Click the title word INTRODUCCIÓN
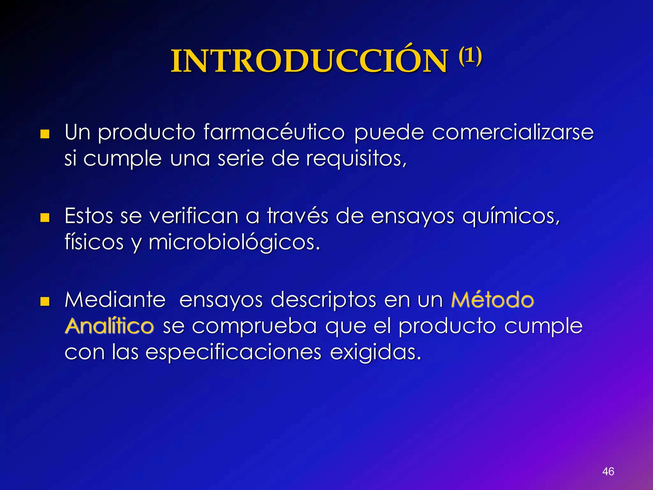click(309, 61)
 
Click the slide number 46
click(608, 471)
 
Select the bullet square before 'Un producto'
click(45, 134)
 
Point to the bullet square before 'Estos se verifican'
click(45, 218)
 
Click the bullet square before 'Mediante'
click(45, 301)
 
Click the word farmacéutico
click(274, 132)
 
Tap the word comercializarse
click(512, 132)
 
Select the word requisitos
click(356, 159)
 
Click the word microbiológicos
click(234, 243)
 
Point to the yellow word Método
click(493, 300)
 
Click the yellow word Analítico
click(109, 326)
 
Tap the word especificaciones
click(233, 353)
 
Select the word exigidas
click(375, 353)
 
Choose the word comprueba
click(254, 326)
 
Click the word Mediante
click(115, 300)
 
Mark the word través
click(297, 216)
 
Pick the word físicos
click(94, 242)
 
